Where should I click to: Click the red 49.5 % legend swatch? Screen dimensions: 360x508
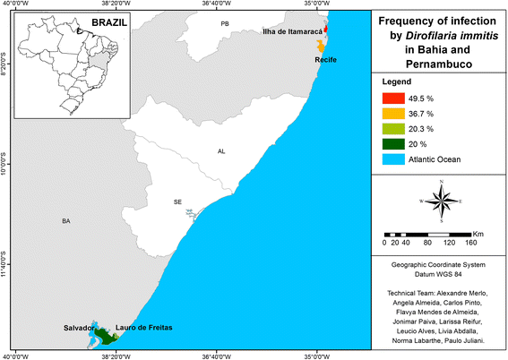(x=390, y=99)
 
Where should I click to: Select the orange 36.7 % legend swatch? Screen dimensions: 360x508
(x=390, y=114)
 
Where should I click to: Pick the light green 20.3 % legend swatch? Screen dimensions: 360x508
(x=390, y=129)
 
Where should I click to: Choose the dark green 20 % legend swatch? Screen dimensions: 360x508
(x=390, y=144)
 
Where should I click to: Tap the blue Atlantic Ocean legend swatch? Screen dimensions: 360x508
(x=390, y=159)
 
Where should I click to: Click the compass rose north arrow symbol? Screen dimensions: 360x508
(x=441, y=201)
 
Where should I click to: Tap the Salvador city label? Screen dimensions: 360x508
(x=78, y=329)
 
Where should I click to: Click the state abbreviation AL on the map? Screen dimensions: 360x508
(x=221, y=151)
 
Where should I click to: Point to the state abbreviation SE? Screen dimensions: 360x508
(x=177, y=202)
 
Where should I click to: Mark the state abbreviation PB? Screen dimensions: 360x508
(x=225, y=23)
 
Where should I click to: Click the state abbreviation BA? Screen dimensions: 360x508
(x=65, y=220)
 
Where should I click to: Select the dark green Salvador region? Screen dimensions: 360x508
(x=106, y=336)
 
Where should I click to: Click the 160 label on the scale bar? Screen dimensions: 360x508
(x=471, y=242)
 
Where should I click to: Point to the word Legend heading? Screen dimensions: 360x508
(x=396, y=81)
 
